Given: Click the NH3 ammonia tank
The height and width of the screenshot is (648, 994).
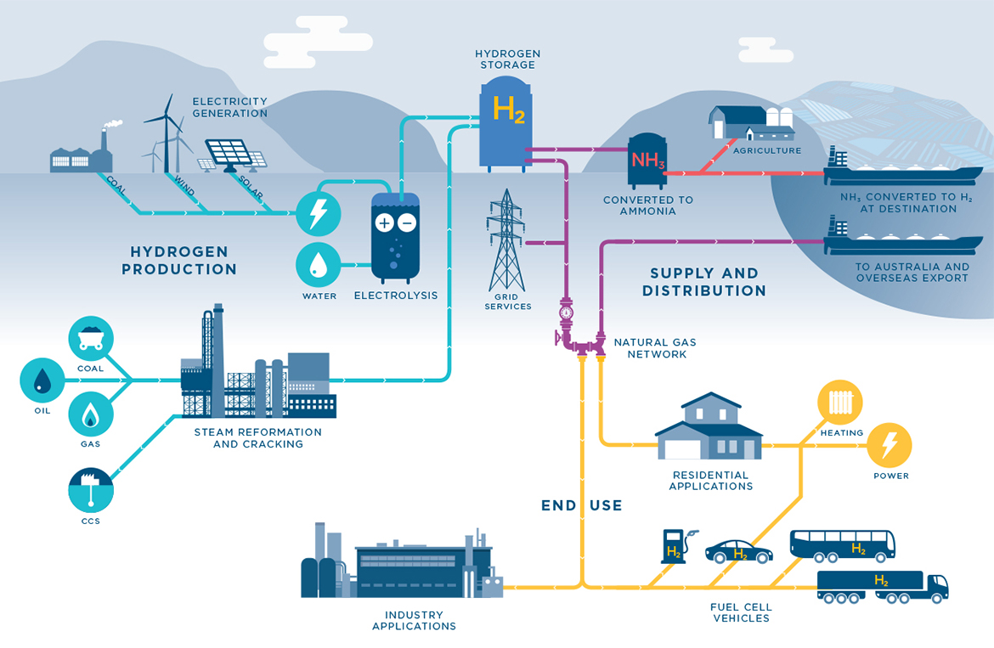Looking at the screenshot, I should pyautogui.click(x=647, y=161).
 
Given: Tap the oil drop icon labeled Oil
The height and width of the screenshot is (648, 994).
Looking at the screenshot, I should pyautogui.click(x=42, y=380).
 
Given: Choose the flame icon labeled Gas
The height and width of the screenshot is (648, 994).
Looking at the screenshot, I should pyautogui.click(x=90, y=414).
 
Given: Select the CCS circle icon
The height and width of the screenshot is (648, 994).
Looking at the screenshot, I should pyautogui.click(x=90, y=489).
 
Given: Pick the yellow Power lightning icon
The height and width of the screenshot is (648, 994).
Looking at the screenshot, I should pyautogui.click(x=889, y=445).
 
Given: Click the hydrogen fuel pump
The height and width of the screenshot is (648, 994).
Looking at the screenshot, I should pyautogui.click(x=675, y=547).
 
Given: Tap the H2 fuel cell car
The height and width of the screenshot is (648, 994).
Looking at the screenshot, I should pyautogui.click(x=738, y=551).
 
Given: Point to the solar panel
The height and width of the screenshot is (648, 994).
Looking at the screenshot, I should pyautogui.click(x=231, y=154).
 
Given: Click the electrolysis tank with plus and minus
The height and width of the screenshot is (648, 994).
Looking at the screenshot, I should pyautogui.click(x=395, y=236).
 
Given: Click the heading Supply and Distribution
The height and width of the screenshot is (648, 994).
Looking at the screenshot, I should pyautogui.click(x=703, y=282).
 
